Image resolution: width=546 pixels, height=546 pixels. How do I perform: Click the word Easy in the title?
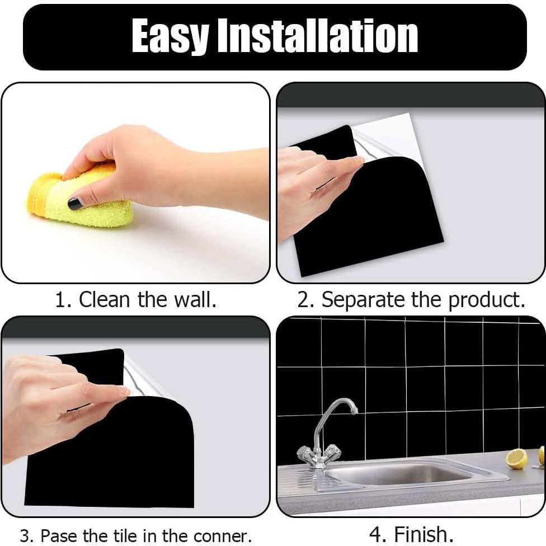point(170,37)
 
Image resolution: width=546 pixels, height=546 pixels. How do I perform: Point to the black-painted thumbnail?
point(76,203)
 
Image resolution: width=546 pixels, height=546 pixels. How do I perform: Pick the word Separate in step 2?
point(363,300)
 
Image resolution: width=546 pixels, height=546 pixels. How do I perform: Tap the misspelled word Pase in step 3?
point(61,535)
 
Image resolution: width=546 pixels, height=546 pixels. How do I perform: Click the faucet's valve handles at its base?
point(319,454)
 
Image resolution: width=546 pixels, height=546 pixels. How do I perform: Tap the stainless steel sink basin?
point(401,473)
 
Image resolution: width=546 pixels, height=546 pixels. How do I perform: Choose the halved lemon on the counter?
point(516,458)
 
